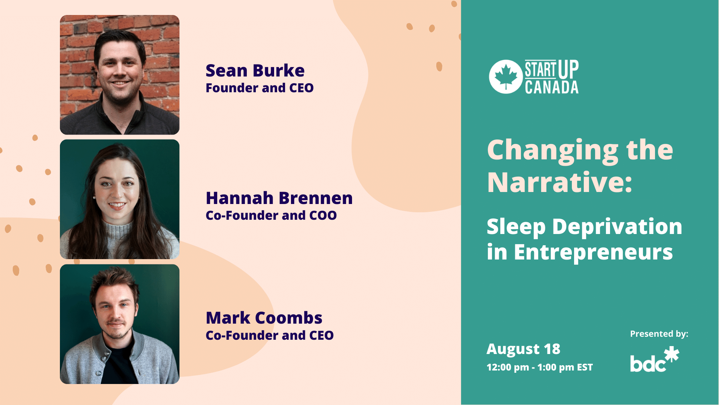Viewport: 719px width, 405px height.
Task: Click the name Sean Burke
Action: click(x=255, y=70)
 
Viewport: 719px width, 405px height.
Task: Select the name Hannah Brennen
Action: click(x=279, y=198)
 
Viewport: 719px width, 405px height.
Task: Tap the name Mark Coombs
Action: click(x=264, y=318)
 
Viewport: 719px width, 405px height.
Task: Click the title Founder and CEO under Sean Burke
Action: click(x=260, y=88)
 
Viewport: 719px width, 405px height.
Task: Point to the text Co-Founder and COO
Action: click(x=271, y=215)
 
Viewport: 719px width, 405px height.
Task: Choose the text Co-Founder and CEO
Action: click(x=270, y=335)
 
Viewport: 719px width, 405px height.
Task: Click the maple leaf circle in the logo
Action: click(x=506, y=76)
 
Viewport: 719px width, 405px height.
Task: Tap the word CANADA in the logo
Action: click(x=552, y=87)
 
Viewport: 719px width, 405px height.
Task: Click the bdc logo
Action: click(x=655, y=359)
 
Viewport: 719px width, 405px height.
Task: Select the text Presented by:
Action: click(x=659, y=334)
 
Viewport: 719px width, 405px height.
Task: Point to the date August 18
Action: click(x=523, y=349)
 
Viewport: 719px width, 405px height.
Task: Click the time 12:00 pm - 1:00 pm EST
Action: click(x=540, y=367)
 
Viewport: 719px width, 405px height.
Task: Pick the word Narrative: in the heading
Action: click(x=559, y=182)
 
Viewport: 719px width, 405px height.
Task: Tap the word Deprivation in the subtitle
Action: click(x=617, y=227)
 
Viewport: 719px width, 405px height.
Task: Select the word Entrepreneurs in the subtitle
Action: click(x=593, y=252)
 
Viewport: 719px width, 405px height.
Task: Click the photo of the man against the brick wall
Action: click(x=120, y=75)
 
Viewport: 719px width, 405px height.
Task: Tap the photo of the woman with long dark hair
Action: click(x=120, y=199)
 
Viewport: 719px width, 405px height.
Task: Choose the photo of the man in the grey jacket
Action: click(x=120, y=324)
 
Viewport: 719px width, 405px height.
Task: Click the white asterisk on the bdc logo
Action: click(x=671, y=354)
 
